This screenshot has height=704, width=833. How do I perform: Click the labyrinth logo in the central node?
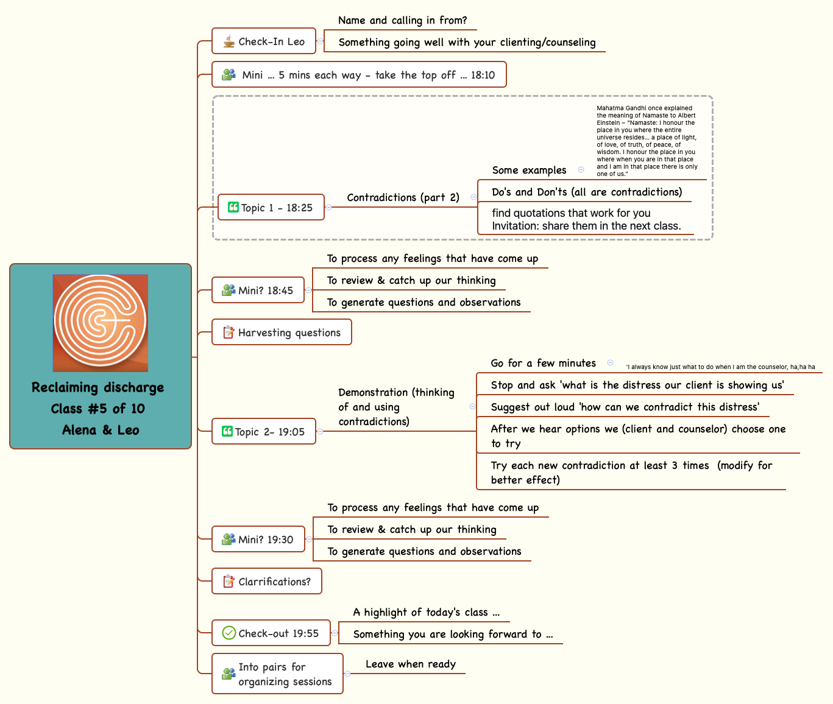coord(101,323)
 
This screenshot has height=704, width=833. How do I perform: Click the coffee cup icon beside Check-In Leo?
coord(229,41)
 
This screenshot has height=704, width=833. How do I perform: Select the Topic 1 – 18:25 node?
coord(271,208)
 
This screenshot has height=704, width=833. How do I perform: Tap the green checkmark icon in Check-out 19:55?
coord(229,633)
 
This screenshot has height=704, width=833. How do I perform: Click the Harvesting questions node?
coord(282,333)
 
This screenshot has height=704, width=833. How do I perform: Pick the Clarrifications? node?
coord(267,582)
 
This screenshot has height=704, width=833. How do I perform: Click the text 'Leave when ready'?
coord(411,664)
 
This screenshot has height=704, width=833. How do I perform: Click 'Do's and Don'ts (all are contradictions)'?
coord(587,192)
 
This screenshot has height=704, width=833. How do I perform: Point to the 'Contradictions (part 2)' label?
coord(403,197)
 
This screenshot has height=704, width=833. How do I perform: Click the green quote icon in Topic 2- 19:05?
coord(227,431)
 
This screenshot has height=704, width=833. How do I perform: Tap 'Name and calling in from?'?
coord(402,20)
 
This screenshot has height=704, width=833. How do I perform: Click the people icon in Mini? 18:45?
coord(229,290)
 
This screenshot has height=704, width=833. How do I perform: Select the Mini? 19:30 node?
coord(258,540)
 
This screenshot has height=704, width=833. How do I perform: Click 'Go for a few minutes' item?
coord(543,363)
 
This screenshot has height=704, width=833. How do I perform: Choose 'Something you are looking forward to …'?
coord(453,634)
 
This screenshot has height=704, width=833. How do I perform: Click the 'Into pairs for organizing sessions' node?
coord(278,674)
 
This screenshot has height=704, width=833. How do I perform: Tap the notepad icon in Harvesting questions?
coord(229,333)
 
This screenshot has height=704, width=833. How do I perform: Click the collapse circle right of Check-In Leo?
coord(321,41)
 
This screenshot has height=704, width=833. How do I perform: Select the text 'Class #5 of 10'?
coord(98,409)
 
